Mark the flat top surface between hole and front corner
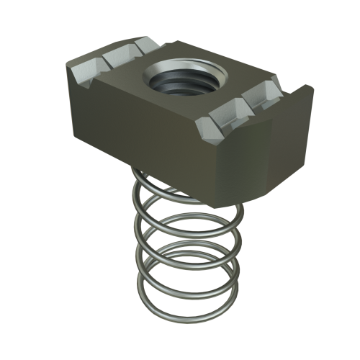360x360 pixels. coord(180,108)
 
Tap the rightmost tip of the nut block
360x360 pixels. coord(314,90)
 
